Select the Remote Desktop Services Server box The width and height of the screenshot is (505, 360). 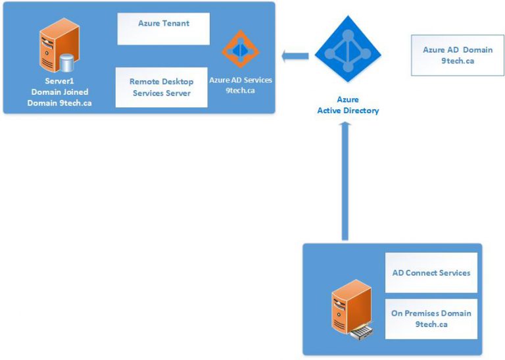pyautogui.click(x=161, y=87)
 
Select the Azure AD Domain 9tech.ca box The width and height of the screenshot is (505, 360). pyautogui.click(x=458, y=55)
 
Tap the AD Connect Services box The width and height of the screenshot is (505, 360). pyautogui.click(x=431, y=272)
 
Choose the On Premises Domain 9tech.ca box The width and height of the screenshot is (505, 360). pyautogui.click(x=431, y=319)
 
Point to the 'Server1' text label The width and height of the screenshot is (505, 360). pyautogui.click(x=59, y=81)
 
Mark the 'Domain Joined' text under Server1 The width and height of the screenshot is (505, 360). pyautogui.click(x=59, y=92)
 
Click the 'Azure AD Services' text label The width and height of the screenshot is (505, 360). pyautogui.click(x=240, y=80)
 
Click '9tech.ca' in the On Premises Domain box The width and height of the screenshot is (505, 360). pyautogui.click(x=431, y=324)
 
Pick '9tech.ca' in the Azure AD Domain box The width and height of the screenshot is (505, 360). pyautogui.click(x=458, y=61)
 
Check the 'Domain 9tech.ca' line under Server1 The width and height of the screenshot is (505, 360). pyautogui.click(x=59, y=103)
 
